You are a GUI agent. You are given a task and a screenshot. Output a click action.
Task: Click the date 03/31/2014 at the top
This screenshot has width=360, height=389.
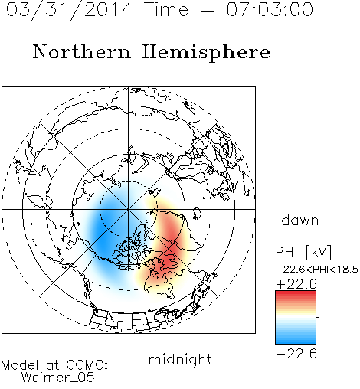(70, 10)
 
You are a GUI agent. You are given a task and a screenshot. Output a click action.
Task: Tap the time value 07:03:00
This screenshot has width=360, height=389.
(270, 9)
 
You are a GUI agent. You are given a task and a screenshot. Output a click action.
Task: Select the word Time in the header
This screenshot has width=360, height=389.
(166, 9)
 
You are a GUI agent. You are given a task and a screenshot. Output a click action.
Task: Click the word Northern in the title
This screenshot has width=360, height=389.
(82, 51)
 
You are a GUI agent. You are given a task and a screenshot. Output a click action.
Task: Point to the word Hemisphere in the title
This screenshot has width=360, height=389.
(206, 53)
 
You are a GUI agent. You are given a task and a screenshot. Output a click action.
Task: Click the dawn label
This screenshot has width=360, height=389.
(300, 220)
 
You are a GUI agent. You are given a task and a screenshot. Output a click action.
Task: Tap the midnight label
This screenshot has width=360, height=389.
(180, 359)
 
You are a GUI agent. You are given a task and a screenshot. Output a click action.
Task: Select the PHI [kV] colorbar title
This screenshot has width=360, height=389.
(303, 252)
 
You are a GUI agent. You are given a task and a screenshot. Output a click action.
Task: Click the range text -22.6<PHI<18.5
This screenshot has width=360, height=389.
(317, 270)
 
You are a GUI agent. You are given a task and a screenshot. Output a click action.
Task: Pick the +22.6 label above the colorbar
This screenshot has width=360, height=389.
(296, 284)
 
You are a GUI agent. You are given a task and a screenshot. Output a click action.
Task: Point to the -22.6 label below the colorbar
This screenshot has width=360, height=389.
(296, 354)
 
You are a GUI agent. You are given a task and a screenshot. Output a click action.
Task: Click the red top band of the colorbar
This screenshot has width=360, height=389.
(296, 294)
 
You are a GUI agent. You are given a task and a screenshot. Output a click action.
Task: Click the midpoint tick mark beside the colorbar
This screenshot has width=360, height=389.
(318, 317)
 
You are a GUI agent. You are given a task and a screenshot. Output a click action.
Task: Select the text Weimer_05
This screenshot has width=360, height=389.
(57, 378)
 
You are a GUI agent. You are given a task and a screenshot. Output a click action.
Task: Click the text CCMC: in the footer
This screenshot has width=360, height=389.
(87, 365)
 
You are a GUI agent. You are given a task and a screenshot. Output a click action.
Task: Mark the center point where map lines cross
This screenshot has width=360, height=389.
(129, 209)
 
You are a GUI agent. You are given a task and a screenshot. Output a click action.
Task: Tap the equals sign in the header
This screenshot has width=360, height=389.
(208, 10)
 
